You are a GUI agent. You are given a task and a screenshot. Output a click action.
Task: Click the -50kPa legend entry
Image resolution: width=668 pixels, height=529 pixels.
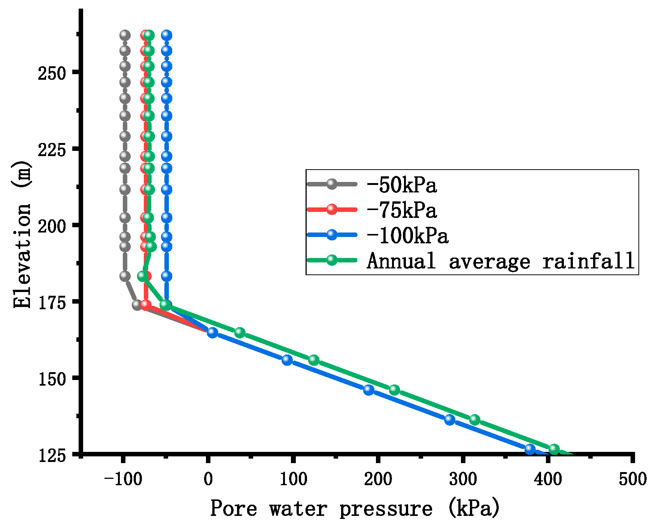pyautogui.click(x=402, y=185)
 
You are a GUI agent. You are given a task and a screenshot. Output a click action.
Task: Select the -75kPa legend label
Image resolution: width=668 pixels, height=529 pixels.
pyautogui.click(x=402, y=210)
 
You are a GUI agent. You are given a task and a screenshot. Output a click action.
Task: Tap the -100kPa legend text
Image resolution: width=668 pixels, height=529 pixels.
pyautogui.click(x=408, y=235)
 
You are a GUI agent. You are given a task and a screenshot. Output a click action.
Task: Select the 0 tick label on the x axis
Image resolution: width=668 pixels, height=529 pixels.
pyautogui.click(x=208, y=480)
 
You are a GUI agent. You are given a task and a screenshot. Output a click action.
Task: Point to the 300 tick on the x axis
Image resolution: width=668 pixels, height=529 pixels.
pyautogui.click(x=463, y=480)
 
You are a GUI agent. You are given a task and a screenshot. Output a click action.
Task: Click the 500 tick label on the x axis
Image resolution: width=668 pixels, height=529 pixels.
pyautogui.click(x=633, y=480)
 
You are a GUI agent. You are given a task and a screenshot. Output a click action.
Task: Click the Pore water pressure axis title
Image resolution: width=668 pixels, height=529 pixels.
pyautogui.click(x=355, y=508)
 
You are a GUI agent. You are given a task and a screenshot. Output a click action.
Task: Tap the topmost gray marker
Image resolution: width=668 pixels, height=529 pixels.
pyautogui.click(x=125, y=35)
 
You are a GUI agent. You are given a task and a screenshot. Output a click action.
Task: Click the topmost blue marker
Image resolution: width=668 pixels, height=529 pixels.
pyautogui.click(x=167, y=35)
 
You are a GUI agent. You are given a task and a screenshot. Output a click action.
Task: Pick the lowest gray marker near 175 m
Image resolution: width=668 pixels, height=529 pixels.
pyautogui.click(x=137, y=305)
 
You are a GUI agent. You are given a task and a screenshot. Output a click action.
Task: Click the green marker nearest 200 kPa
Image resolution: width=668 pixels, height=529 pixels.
pyautogui.click(x=394, y=390)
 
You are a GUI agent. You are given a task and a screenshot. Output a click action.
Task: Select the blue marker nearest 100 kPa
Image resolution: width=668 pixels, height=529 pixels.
pyautogui.click(x=287, y=360)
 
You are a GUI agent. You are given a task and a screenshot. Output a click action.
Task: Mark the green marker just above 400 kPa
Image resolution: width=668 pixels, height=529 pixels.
pyautogui.click(x=554, y=449)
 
